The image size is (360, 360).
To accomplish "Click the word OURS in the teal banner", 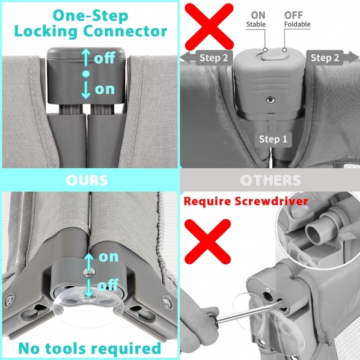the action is click(x=87, y=180).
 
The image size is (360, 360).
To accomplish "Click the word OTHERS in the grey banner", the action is click(x=270, y=180).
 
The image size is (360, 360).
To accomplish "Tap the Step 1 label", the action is click(x=273, y=139).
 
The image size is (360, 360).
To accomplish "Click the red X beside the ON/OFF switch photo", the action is click(x=209, y=26).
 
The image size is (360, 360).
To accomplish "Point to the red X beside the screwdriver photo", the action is click(x=207, y=242).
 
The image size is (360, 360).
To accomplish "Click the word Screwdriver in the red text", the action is click(x=271, y=201).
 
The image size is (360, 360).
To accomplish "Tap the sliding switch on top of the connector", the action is click(x=273, y=55).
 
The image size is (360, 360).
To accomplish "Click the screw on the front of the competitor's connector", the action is click(x=270, y=100).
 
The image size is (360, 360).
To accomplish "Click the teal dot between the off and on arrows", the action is click(x=86, y=74).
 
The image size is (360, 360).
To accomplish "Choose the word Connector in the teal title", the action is click(x=125, y=31).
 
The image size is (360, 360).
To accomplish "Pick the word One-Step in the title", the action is click(x=91, y=16).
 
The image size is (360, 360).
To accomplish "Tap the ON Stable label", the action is click(x=256, y=19).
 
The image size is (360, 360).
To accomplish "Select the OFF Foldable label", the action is click(x=297, y=19).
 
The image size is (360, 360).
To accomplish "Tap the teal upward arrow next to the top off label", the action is click(x=85, y=58).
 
